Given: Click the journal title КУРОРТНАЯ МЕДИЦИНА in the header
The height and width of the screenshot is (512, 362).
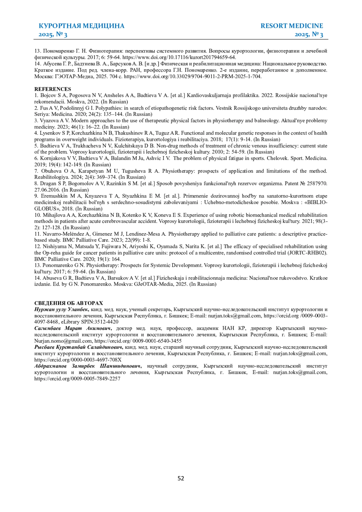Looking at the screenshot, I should coord(81,26).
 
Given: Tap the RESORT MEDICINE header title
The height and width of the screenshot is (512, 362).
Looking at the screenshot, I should coord(292,26).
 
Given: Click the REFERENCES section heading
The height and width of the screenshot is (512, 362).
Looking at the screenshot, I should coord(53,89).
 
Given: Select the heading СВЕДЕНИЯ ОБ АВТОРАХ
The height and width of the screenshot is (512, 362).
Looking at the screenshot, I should coord(68,303).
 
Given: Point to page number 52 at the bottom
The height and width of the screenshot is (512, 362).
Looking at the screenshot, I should coord(181,478).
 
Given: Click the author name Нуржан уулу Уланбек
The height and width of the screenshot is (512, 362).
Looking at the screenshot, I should coord(61,310).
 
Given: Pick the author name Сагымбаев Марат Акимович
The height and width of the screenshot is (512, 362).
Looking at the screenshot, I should coord(73,328).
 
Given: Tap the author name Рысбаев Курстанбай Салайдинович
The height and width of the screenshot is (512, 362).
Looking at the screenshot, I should coord(78,347).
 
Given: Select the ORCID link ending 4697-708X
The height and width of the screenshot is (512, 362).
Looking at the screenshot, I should coord(78,360).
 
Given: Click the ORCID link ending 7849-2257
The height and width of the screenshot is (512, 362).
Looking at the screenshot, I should coord(77,379).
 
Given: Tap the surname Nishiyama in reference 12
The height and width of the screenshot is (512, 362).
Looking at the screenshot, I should coord(53,246).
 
